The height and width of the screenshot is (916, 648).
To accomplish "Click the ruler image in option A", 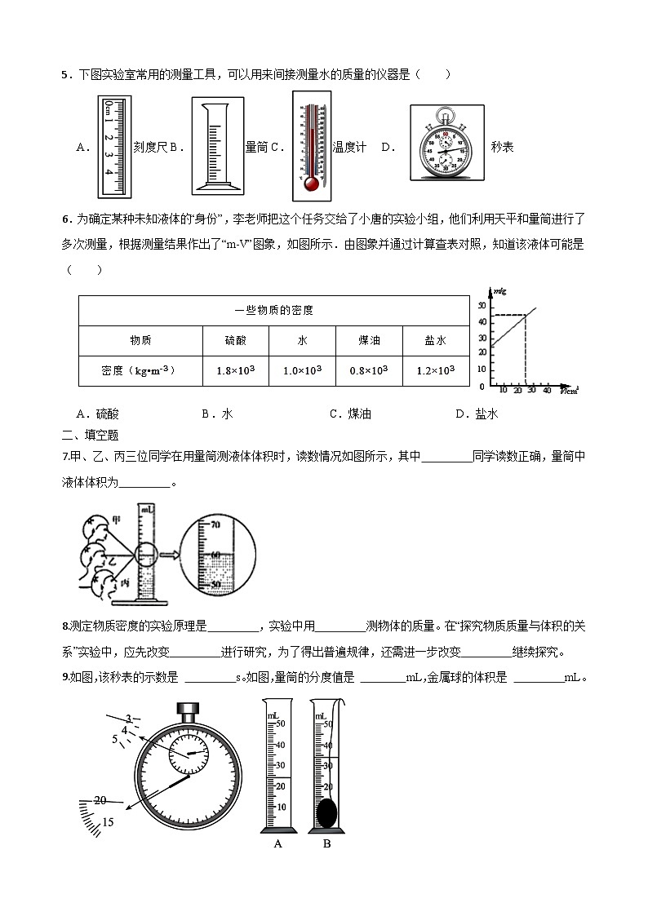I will [x=114, y=147].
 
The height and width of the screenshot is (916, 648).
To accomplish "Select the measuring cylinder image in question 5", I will [x=217, y=147].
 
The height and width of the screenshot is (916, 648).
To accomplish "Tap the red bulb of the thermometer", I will [x=310, y=184].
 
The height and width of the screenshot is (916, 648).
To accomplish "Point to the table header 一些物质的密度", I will [x=273, y=310].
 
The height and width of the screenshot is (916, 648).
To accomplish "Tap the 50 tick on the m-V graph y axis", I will [x=482, y=305].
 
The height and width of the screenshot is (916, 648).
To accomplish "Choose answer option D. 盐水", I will [x=477, y=414].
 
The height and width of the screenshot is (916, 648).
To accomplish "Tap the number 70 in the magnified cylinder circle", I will [x=216, y=525].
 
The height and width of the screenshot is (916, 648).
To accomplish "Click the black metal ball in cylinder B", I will [x=326, y=812].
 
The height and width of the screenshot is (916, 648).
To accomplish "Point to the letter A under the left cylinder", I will [x=277, y=843].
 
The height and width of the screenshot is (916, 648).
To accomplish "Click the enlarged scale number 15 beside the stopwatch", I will [x=108, y=822].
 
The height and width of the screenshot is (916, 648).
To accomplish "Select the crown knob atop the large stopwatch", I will [x=189, y=707].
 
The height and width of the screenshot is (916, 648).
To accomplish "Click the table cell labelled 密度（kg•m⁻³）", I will [x=140, y=370].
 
